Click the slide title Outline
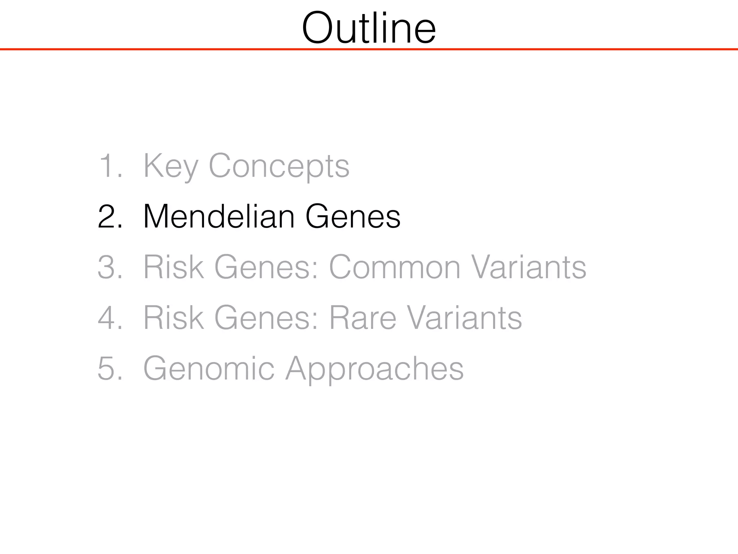coord(369,28)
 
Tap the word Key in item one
coord(170,166)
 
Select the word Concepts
coord(279,166)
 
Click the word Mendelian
coord(218,217)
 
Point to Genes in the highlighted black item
coord(353,217)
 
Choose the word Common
coord(395,267)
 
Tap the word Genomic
coord(209,368)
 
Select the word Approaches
coord(375,369)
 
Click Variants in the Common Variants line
coord(529,267)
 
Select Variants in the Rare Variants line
coord(464,318)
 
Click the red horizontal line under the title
coord(369,49)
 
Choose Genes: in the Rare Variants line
coord(267,318)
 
